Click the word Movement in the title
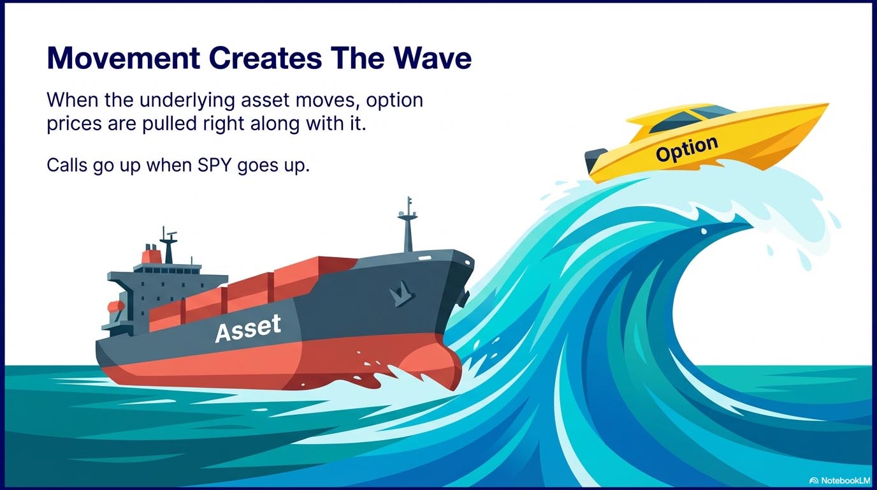(x=124, y=58)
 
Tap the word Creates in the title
(x=265, y=58)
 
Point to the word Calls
(x=67, y=165)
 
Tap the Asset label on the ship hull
(x=248, y=328)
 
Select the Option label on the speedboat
(x=687, y=149)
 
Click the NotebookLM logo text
(x=839, y=480)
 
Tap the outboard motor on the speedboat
(x=593, y=161)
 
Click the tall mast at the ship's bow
(x=408, y=225)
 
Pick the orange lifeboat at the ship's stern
(x=116, y=306)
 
